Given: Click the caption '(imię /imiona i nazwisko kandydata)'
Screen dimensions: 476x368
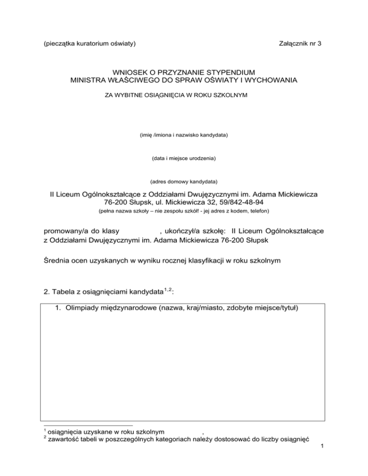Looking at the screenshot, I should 184,136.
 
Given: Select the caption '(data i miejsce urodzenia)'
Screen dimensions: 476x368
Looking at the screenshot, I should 184,159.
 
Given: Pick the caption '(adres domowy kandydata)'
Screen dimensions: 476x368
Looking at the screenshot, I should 184,181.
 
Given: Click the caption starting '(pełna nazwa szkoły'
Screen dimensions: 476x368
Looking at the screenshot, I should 184,211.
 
